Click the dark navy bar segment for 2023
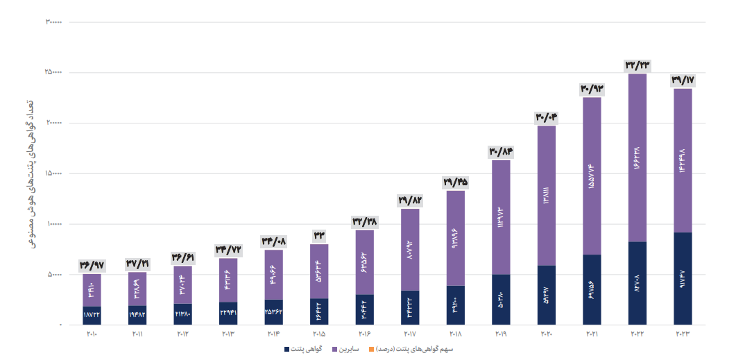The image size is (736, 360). point(683,278)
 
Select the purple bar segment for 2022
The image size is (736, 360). point(637,157)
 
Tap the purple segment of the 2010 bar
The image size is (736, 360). point(92,290)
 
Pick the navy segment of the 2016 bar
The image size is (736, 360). point(364,309)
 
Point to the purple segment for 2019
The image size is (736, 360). point(500,217)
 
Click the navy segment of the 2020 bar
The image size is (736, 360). point(546,295)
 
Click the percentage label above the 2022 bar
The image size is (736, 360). point(637,65)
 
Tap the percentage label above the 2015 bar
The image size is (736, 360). point(319,236)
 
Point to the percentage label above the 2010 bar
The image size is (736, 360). point(92,265)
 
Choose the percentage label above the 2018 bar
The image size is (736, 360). point(455,182)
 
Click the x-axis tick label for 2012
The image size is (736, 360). point(182,335)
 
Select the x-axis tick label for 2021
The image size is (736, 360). point(592,335)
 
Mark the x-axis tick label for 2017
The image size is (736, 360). point(410,335)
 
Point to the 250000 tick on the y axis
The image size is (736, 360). point(55,72)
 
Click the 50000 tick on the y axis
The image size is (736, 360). point(55,275)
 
